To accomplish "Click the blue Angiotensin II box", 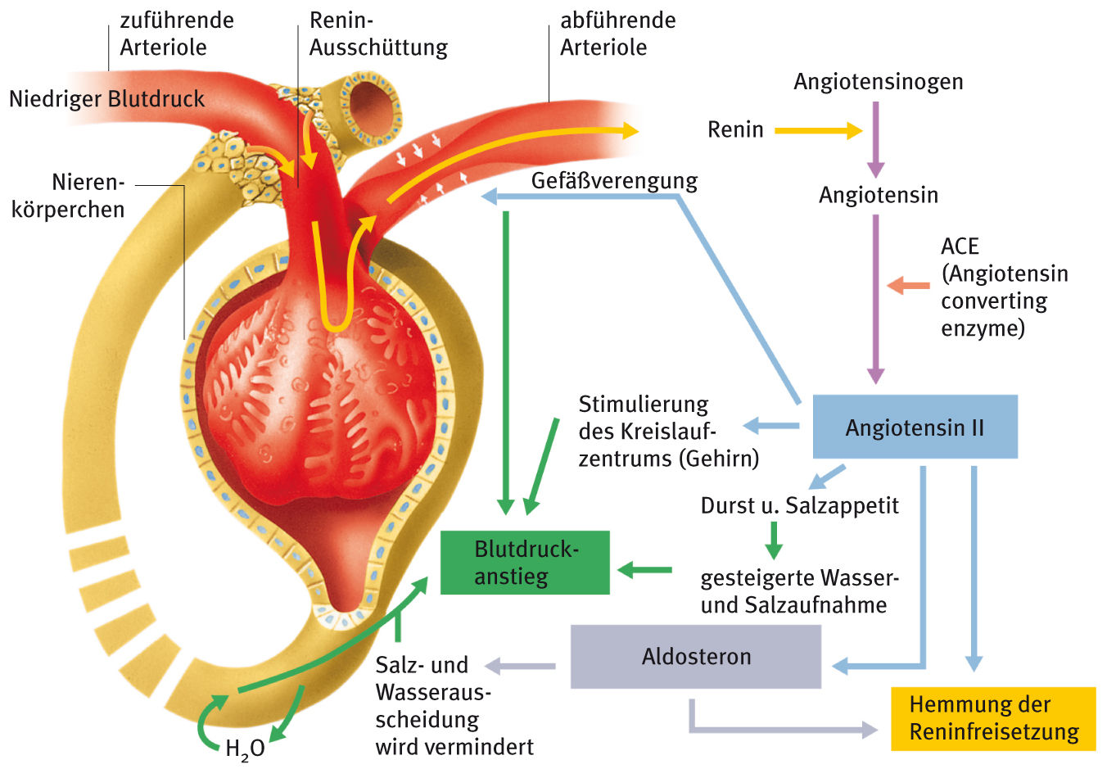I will tap(915, 427).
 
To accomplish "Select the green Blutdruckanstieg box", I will tap(525, 563).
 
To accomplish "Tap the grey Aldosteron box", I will tap(696, 657).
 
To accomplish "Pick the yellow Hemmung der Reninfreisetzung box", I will tap(993, 718).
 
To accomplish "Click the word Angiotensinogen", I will tap(878, 82).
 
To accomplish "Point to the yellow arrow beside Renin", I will tap(818, 130).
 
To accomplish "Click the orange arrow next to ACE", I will tap(908, 286).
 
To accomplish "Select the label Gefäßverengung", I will tap(614, 180).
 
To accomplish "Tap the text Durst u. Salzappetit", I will tap(799, 505).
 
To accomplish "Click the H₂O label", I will tap(245, 749).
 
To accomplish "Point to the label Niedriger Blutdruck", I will tap(107, 99).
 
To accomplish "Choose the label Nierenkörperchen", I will tap(69, 196).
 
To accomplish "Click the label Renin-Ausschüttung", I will tap(378, 34).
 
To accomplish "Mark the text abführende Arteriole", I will tap(617, 34).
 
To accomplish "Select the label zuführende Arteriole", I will tap(176, 34).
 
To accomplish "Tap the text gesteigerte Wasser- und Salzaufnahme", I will tap(799, 591).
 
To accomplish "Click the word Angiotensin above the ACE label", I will tap(878, 195).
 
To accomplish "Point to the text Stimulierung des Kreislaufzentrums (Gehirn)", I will tap(668, 431).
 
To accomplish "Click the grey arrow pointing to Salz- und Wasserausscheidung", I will tap(520, 666).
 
